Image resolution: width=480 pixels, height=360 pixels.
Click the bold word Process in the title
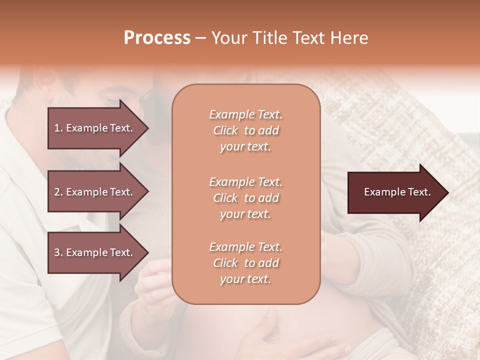coord(157,38)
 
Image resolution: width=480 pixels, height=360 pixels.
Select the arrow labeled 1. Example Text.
coord(95,128)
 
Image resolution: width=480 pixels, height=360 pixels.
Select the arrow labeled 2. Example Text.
coord(95,192)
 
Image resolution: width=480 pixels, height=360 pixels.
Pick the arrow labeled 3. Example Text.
coord(95,252)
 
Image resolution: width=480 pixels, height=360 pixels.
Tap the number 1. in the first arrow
coord(58,128)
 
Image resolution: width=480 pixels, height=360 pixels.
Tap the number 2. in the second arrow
coord(58,192)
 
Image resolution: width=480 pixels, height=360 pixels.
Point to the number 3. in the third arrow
coord(58,252)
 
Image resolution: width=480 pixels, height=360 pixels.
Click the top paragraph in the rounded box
coord(245,130)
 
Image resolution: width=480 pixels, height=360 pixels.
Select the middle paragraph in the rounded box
coord(245,198)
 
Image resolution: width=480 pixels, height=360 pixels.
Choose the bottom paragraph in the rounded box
coord(245,263)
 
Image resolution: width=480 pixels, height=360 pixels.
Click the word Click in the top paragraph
coord(225,130)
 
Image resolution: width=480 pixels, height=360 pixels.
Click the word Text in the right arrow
coord(419,192)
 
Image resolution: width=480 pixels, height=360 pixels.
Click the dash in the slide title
coord(200,38)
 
